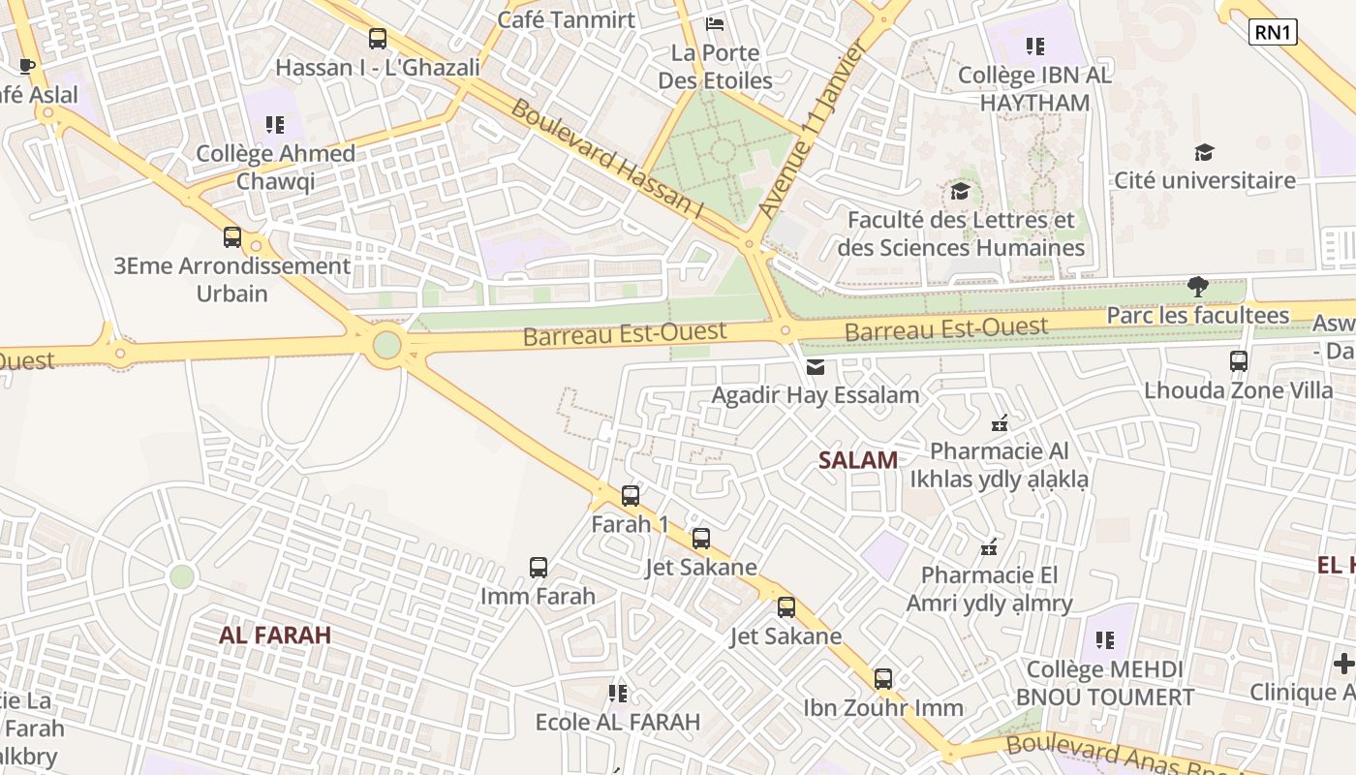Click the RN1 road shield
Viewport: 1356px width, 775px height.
click(1273, 32)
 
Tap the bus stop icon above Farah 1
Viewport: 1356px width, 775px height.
click(631, 496)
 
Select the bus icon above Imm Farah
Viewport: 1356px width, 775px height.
click(539, 568)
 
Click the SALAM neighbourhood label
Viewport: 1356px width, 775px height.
click(858, 460)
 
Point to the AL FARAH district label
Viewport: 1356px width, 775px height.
click(275, 635)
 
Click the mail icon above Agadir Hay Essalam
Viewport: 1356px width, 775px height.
click(816, 367)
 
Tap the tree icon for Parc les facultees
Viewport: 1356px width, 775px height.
click(1198, 287)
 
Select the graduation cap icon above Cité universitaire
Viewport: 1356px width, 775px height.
click(1204, 152)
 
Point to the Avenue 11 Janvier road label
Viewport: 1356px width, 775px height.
click(811, 129)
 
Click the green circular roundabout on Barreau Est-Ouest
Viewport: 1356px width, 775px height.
click(387, 345)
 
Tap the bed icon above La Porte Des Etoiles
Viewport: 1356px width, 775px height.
click(715, 23)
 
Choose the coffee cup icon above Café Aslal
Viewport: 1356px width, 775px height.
click(27, 67)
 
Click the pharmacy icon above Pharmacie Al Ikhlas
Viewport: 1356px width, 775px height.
click(1000, 422)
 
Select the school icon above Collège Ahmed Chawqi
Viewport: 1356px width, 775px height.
click(275, 124)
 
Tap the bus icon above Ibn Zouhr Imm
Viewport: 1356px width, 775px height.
click(882, 679)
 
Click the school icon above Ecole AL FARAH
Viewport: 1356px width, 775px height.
click(618, 694)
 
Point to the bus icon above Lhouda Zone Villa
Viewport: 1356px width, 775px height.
click(1238, 361)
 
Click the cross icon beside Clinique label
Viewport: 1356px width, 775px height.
click(1343, 664)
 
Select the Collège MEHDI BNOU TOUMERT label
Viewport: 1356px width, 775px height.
click(1104, 683)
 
